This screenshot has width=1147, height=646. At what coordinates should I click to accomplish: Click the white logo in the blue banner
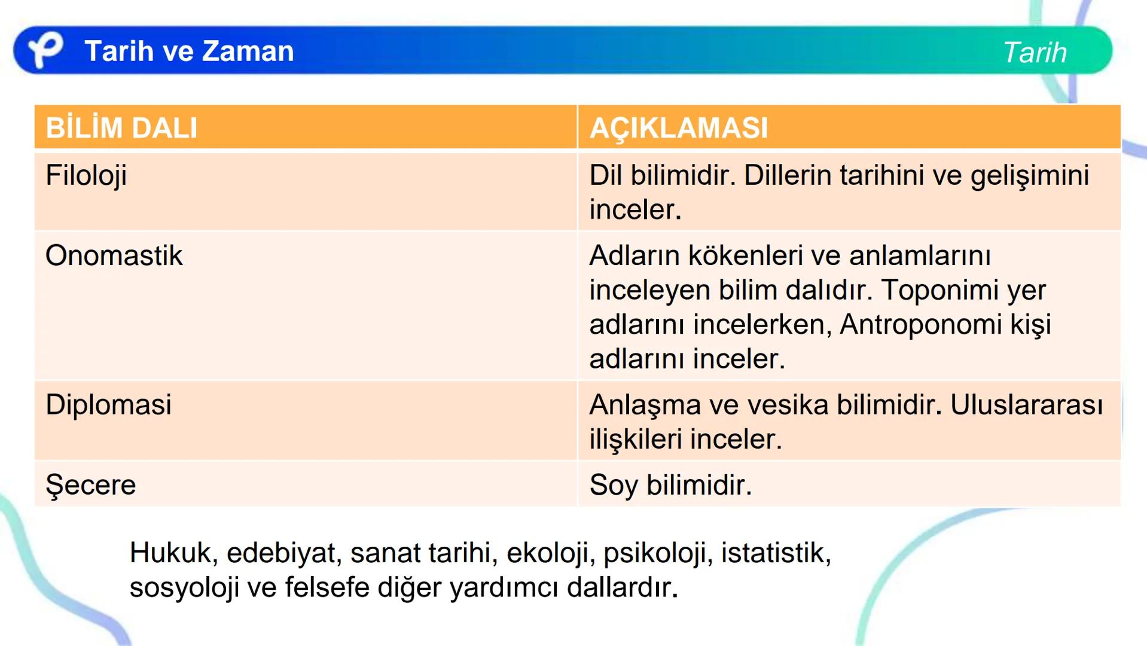pos(45,50)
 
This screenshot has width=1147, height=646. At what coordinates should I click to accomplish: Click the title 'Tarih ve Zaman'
pos(189,51)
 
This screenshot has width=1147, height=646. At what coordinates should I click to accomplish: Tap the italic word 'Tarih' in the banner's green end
pos(1035,53)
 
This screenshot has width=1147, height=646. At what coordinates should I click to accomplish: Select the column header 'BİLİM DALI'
pos(121,128)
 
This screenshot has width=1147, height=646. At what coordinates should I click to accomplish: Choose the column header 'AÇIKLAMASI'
pos(678,128)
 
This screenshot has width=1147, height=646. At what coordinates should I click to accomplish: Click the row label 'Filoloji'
pos(86,176)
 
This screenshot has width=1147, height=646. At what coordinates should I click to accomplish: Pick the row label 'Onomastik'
pos(114,256)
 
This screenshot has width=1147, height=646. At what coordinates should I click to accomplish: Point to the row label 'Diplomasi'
pos(108,405)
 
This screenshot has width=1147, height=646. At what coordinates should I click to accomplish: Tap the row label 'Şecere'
pos(91,484)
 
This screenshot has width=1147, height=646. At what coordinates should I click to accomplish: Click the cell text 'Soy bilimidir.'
pos(670,485)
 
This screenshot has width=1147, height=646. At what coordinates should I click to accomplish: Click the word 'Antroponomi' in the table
pos(920,325)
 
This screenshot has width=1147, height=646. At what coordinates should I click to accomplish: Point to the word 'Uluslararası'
pos(1026,405)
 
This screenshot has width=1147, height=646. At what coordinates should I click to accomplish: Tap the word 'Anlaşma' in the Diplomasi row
pos(645,405)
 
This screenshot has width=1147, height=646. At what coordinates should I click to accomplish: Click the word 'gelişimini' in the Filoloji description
pos(1029,176)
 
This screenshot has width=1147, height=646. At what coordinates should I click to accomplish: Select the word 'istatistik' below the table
pos(776,553)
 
